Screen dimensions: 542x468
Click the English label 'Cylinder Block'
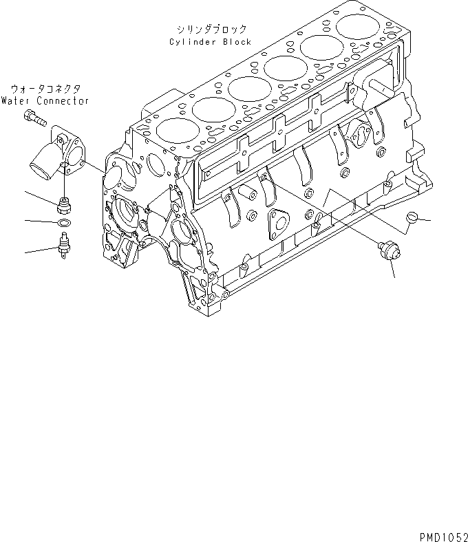[210, 42]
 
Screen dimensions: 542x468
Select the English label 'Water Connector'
[45, 100]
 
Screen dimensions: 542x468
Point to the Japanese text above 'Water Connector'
[45, 89]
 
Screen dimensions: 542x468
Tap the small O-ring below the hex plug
[63, 223]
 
